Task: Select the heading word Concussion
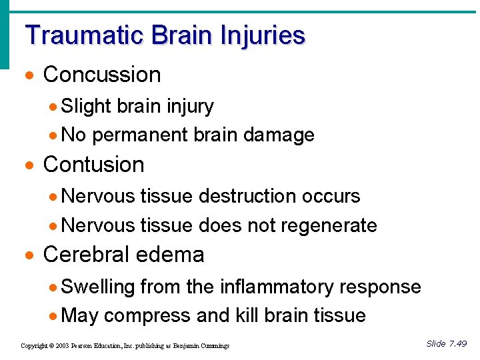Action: [102, 75]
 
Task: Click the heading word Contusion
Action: [93, 164]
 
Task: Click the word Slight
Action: [86, 107]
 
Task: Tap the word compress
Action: [144, 316]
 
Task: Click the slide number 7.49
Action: [457, 344]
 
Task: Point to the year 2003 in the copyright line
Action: [61, 346]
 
